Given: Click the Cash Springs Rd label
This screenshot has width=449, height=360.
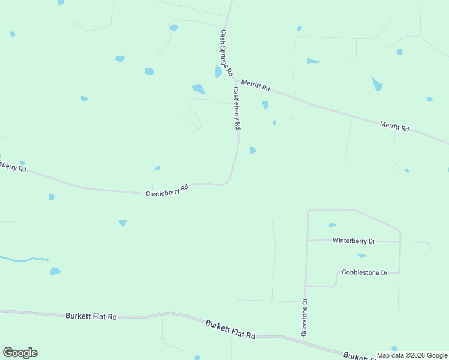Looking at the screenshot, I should [226, 53].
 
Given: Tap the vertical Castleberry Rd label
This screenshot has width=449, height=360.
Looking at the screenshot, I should [237, 109].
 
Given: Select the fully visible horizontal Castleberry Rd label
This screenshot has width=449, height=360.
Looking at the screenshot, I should [167, 190].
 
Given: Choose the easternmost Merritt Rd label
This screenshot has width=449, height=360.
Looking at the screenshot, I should [394, 126].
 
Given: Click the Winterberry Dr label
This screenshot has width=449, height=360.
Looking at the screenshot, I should [354, 241].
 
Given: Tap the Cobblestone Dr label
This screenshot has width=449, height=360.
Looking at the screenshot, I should [364, 272].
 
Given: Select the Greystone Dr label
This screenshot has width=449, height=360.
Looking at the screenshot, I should [304, 317].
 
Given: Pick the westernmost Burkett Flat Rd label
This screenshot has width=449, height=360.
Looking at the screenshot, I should [91, 316].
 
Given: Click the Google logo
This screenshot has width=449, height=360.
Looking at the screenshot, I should [20, 353].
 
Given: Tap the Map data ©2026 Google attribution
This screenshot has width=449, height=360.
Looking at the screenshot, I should [412, 355].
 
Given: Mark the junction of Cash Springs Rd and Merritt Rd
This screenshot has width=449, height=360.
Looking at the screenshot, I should [234, 78].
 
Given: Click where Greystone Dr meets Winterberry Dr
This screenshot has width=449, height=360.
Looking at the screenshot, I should [307, 239].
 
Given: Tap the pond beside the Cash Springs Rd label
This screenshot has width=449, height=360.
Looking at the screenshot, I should [218, 72].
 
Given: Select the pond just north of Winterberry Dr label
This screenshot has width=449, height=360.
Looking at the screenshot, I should [332, 225].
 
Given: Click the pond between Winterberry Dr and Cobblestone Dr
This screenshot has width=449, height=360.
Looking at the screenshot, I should [362, 256].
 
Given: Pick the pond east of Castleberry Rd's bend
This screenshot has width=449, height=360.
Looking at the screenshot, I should [253, 150].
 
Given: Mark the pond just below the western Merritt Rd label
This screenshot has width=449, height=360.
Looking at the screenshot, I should [265, 105].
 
